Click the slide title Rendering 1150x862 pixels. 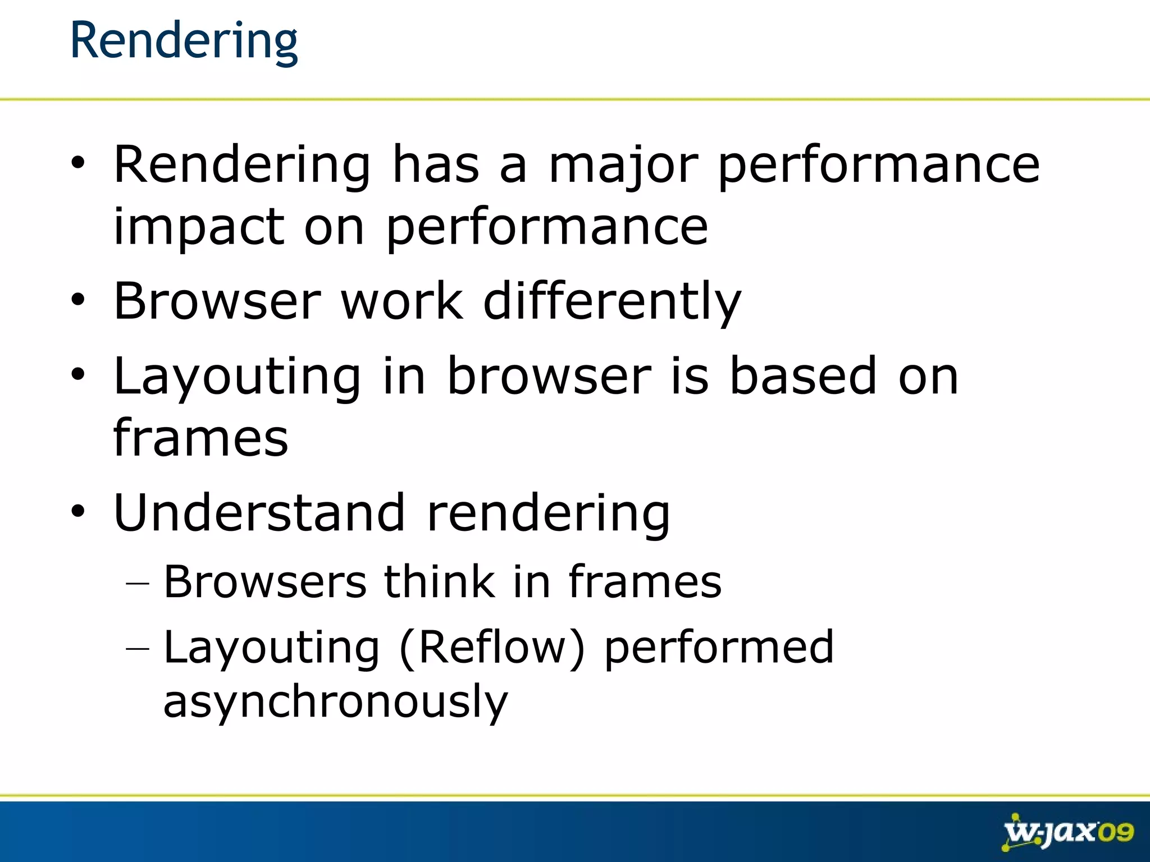click(184, 40)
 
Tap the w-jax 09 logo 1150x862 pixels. click(1068, 832)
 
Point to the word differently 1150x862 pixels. click(612, 302)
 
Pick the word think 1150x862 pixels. click(440, 581)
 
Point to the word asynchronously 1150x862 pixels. click(335, 701)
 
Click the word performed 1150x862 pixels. click(719, 648)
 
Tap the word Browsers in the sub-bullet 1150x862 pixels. click(265, 581)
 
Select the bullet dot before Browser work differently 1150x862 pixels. click(77, 300)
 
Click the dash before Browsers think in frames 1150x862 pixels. click(138, 584)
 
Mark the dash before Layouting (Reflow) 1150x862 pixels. click(138, 649)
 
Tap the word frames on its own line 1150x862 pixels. click(200, 438)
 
